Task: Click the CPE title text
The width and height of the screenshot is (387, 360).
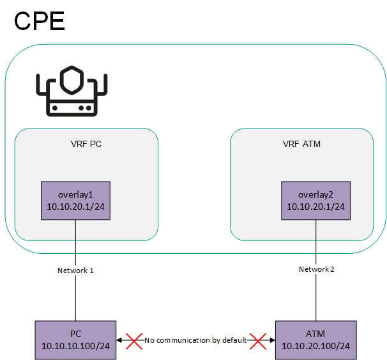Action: point(40,20)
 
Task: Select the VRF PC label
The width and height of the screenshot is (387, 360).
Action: point(86,144)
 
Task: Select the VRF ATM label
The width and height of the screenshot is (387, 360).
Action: point(301,144)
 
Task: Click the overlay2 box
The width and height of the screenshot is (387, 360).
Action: point(315,201)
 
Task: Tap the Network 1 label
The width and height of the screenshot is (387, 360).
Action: point(75,270)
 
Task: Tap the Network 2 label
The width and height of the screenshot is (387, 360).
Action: point(316,269)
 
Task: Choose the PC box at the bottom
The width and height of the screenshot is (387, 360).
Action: point(75,340)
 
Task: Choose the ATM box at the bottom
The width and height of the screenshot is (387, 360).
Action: point(315,340)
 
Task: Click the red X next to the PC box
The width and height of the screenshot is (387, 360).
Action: point(133,340)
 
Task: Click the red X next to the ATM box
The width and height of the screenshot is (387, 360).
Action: point(259,340)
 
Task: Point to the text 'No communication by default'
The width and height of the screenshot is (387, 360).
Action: point(195,340)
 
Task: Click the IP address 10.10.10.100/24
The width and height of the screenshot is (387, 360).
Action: point(75,347)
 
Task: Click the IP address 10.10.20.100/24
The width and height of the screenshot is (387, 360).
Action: point(315,347)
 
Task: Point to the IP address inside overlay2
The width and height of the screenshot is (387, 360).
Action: point(315,207)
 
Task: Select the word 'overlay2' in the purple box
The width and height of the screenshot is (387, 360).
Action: point(315,194)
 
